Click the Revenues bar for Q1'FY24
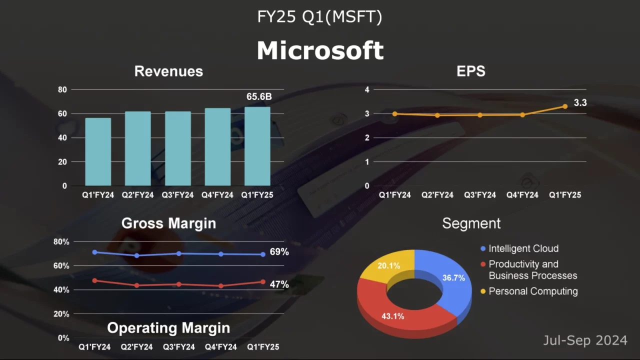pyautogui.click(x=98, y=152)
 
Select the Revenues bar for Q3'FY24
pyautogui.click(x=177, y=148)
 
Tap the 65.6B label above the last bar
pyautogui.click(x=259, y=97)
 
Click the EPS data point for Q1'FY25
pyautogui.click(x=565, y=106)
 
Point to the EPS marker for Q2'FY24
pyautogui.click(x=437, y=115)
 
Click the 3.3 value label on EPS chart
pyautogui.click(x=580, y=103)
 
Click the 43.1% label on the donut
pyautogui.click(x=392, y=316)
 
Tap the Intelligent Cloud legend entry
pyautogui.click(x=523, y=248)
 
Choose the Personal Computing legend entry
pyautogui.click(x=532, y=291)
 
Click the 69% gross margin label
pyautogui.click(x=279, y=252)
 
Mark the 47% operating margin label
pyautogui.click(x=279, y=284)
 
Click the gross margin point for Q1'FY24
pyautogui.click(x=94, y=252)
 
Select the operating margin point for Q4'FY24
pyautogui.click(x=221, y=286)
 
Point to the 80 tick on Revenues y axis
pyautogui.click(x=62, y=90)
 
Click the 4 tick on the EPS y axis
pyautogui.click(x=366, y=90)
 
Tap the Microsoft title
pyautogui.click(x=320, y=50)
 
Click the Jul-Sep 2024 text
pyautogui.click(x=585, y=340)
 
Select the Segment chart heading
pyautogui.click(x=471, y=223)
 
